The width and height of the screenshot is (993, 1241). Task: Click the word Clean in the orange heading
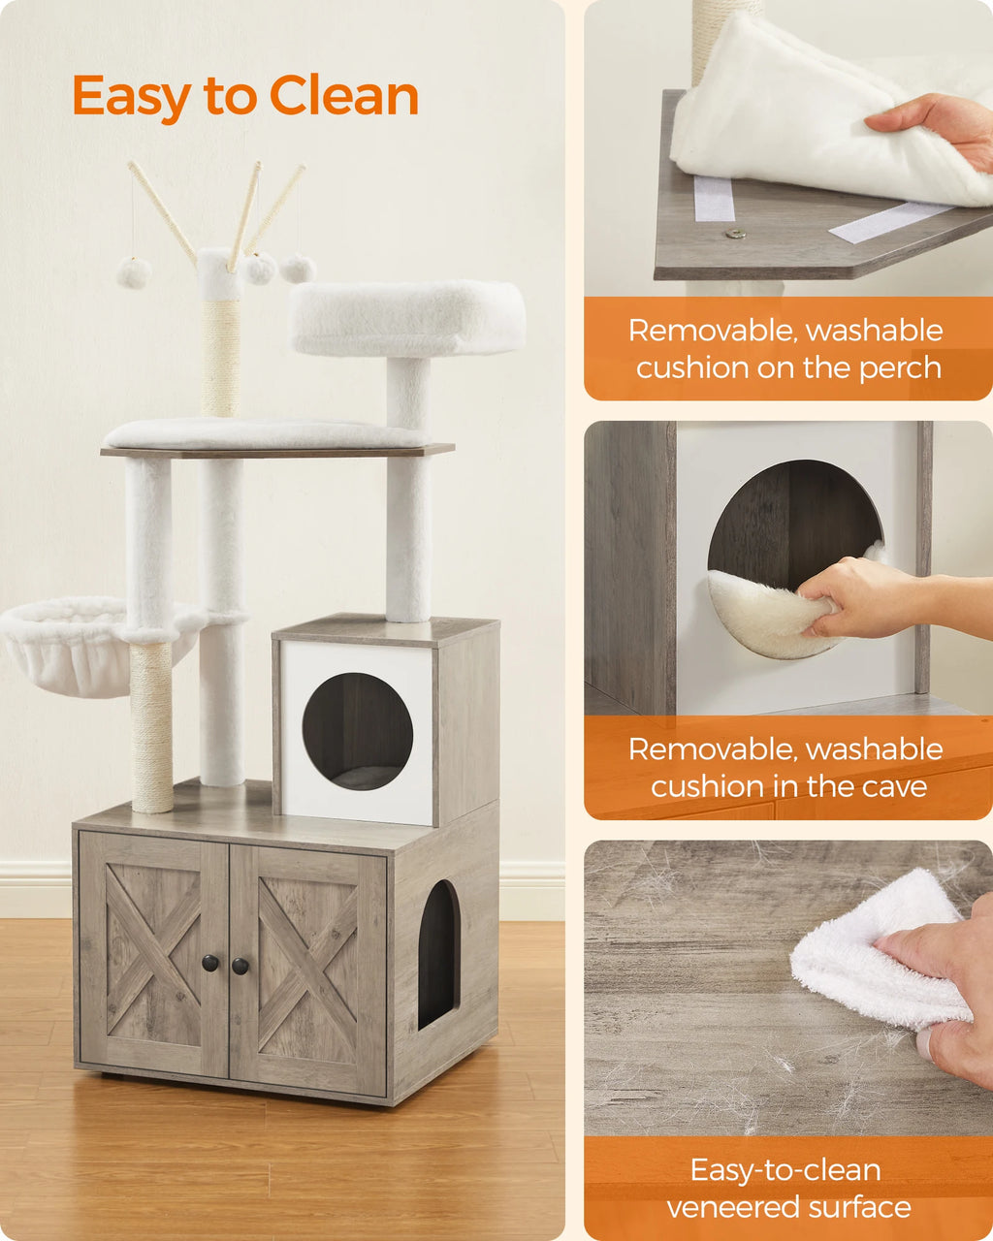coord(343,96)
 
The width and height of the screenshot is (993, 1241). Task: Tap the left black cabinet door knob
coord(210,963)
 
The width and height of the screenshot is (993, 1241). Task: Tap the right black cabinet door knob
coord(240,966)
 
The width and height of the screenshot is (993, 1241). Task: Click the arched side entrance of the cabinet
coord(438,954)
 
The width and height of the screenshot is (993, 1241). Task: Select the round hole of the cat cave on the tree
coord(357,731)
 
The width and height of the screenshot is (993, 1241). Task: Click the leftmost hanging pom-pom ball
coord(134,272)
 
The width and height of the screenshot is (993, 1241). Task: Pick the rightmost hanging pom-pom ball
coord(298,269)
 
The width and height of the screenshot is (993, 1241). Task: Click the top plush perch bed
coord(407,317)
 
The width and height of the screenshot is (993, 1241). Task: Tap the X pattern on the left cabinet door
coord(152,955)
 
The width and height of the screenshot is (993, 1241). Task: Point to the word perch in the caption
coord(901,368)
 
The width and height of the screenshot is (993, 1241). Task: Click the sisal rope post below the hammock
coord(151,727)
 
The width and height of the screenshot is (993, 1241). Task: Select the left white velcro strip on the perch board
coord(715,198)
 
